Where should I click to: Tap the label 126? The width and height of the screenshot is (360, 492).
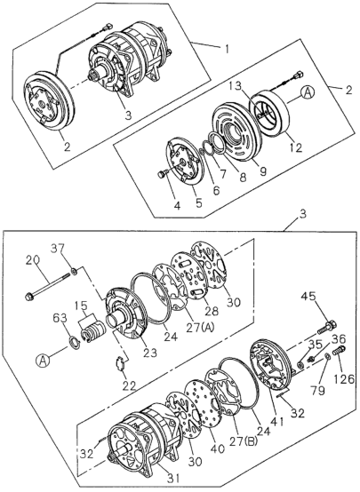344,379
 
